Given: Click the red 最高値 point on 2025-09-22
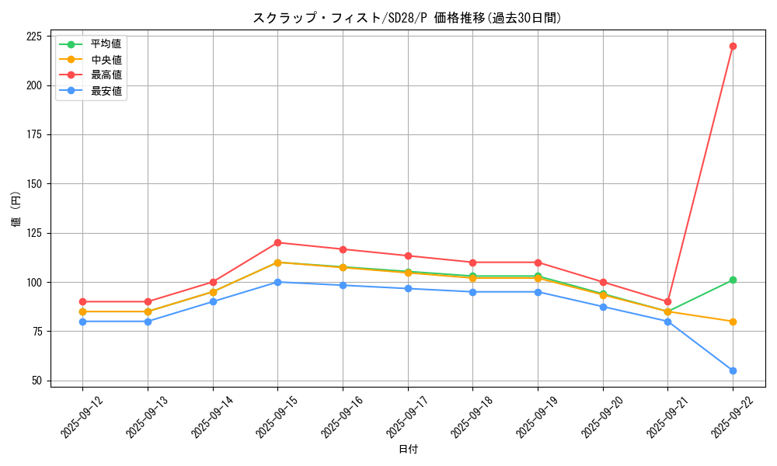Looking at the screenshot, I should (733, 46).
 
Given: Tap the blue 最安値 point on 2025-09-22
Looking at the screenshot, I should (733, 370).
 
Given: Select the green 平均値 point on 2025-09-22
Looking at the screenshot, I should (733, 280).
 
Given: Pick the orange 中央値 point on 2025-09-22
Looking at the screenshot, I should (733, 322).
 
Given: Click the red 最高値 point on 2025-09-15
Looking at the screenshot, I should (277, 242).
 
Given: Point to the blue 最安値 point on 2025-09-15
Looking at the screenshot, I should (277, 282).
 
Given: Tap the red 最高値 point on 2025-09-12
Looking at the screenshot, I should (82, 301).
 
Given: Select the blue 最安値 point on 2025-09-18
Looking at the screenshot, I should (472, 292).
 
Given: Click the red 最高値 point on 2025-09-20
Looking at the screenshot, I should (603, 282).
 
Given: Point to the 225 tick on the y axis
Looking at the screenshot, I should (34, 37).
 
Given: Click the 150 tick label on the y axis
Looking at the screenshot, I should (34, 184).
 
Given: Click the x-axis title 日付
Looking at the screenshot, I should (408, 450).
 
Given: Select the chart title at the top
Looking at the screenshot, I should (407, 18).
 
